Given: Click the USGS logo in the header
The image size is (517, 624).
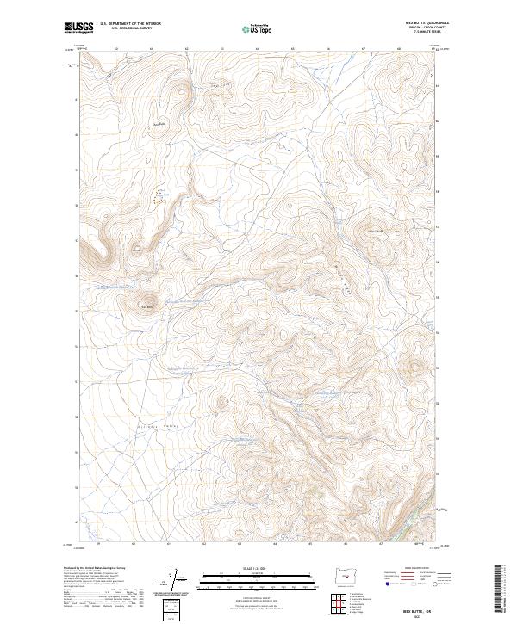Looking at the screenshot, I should pyautogui.click(x=79, y=28).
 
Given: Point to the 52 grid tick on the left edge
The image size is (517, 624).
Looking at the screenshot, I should pyautogui.click(x=76, y=417).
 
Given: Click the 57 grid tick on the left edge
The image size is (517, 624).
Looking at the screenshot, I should pyautogui.click(x=76, y=240).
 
